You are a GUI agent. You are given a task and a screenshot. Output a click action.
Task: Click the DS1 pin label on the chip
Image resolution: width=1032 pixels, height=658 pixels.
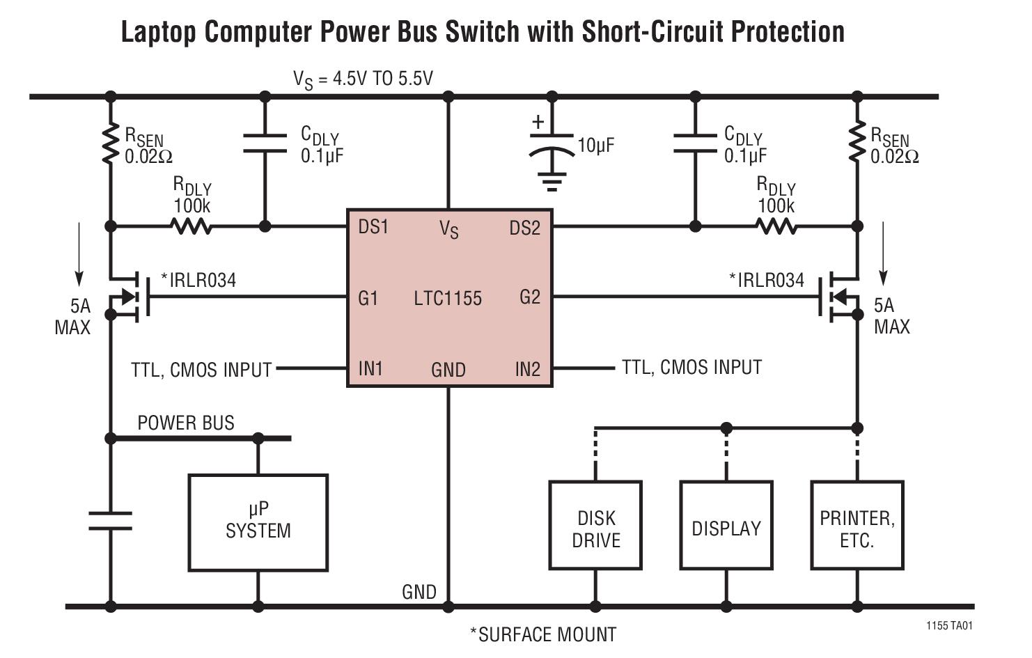click(373, 228)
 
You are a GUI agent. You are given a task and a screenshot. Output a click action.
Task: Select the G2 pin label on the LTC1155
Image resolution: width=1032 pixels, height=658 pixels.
click(529, 297)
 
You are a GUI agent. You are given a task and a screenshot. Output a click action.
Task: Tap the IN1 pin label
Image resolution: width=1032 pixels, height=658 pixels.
click(370, 368)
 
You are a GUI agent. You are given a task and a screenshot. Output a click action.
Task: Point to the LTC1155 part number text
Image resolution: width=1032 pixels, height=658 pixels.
click(448, 299)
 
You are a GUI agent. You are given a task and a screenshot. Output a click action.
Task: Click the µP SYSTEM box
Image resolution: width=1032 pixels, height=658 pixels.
click(258, 522)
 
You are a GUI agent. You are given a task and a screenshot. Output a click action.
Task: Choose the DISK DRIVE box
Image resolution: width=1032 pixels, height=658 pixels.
click(595, 525)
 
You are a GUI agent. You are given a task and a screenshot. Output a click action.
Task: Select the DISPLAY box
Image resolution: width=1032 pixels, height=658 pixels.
click(726, 525)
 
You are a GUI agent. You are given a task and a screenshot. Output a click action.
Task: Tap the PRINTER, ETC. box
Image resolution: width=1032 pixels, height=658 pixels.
click(857, 525)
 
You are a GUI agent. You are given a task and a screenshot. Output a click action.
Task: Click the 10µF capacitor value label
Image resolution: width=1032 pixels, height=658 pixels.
click(596, 146)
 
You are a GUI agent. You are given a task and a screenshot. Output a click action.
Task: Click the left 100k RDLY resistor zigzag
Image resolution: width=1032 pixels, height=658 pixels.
click(191, 226)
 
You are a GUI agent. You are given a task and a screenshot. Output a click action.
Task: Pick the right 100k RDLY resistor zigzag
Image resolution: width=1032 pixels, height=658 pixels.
click(776, 226)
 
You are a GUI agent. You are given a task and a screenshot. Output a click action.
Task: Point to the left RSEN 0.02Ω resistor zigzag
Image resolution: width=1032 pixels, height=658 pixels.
click(110, 145)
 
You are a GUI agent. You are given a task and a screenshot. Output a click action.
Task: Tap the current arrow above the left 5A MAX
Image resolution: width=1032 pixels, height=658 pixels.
click(79, 253)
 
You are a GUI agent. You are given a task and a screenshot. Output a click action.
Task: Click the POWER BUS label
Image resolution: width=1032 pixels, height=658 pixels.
click(186, 423)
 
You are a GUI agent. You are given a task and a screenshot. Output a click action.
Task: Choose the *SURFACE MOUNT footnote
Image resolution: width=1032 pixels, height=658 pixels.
click(543, 634)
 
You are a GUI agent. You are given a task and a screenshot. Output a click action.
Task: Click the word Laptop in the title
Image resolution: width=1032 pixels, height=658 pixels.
click(159, 32)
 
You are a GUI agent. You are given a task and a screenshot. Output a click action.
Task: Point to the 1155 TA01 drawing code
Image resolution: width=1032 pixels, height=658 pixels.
click(949, 626)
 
